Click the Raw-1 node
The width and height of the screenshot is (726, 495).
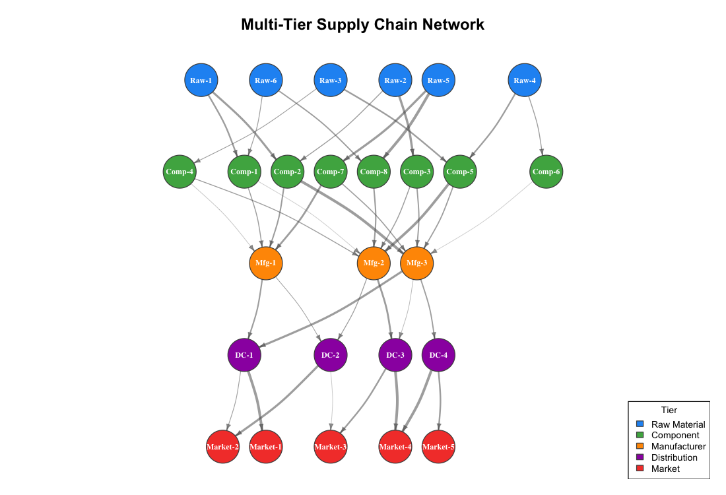click(201, 81)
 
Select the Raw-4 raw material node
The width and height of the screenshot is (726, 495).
click(525, 81)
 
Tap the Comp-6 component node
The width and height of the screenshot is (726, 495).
click(546, 172)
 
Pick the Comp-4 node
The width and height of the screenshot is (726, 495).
click(180, 172)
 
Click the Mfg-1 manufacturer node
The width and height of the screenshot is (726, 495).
click(265, 263)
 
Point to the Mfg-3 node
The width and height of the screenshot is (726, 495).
click(417, 263)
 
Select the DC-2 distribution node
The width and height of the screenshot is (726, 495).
click(331, 355)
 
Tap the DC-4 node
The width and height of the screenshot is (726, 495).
click(438, 355)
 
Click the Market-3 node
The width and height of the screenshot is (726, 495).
click(331, 447)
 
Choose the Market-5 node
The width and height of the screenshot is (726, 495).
click(438, 447)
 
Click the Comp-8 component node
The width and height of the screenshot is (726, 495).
click(374, 172)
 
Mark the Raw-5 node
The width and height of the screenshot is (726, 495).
click(438, 81)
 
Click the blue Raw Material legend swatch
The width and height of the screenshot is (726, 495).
click(639, 424)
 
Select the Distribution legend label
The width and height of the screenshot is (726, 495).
click(674, 457)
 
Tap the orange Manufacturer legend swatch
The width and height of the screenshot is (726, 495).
click(639, 446)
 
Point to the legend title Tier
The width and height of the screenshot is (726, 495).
click(669, 410)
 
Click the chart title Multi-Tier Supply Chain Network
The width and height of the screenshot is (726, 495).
click(362, 24)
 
